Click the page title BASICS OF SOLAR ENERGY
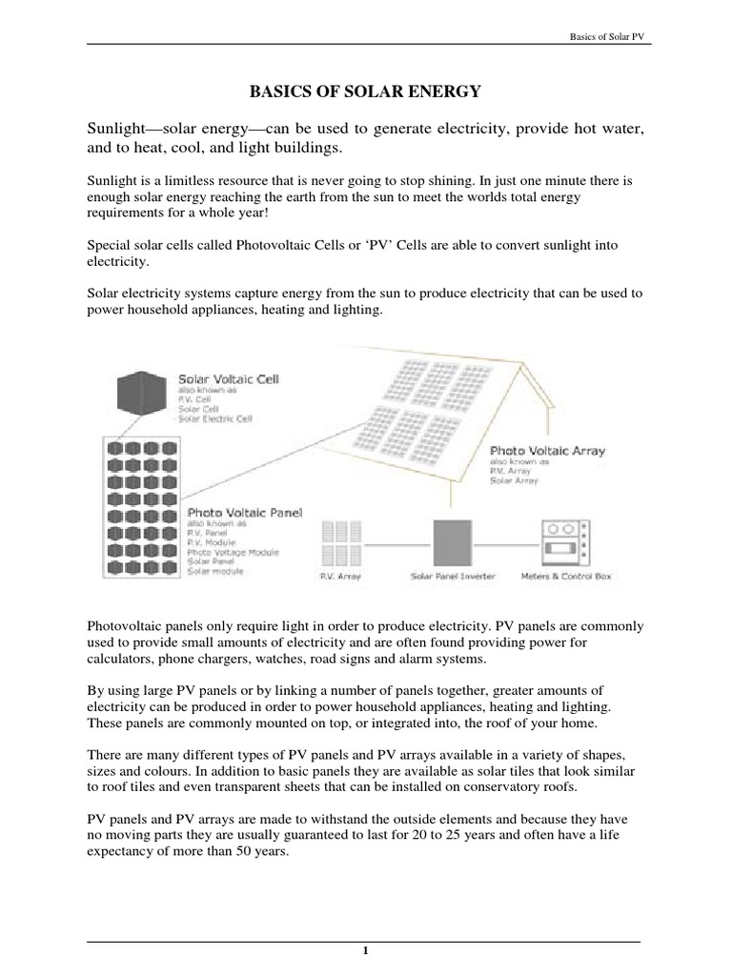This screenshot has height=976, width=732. pyautogui.click(x=365, y=91)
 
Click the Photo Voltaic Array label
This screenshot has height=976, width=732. pyautogui.click(x=548, y=448)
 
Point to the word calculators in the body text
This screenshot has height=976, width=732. pyautogui.click(x=119, y=659)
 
